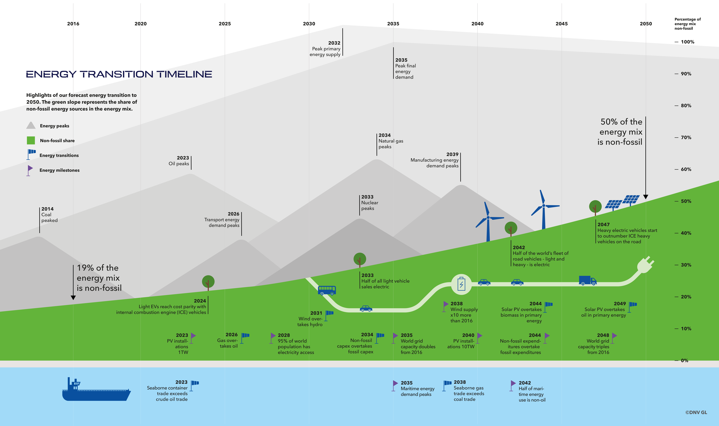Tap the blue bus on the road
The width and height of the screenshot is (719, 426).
click(327, 290)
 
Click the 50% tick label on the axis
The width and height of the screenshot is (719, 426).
click(686, 201)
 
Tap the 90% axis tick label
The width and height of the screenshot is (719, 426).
click(686, 74)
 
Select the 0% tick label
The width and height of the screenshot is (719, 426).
click(685, 361)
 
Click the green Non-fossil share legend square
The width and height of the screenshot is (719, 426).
click(31, 140)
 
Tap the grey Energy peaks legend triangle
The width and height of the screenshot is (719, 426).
click(31, 125)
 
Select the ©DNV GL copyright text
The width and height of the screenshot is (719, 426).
click(696, 413)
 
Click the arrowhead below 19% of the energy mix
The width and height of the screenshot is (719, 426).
click(73, 298)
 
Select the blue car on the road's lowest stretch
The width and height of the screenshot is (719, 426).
click(366, 309)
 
